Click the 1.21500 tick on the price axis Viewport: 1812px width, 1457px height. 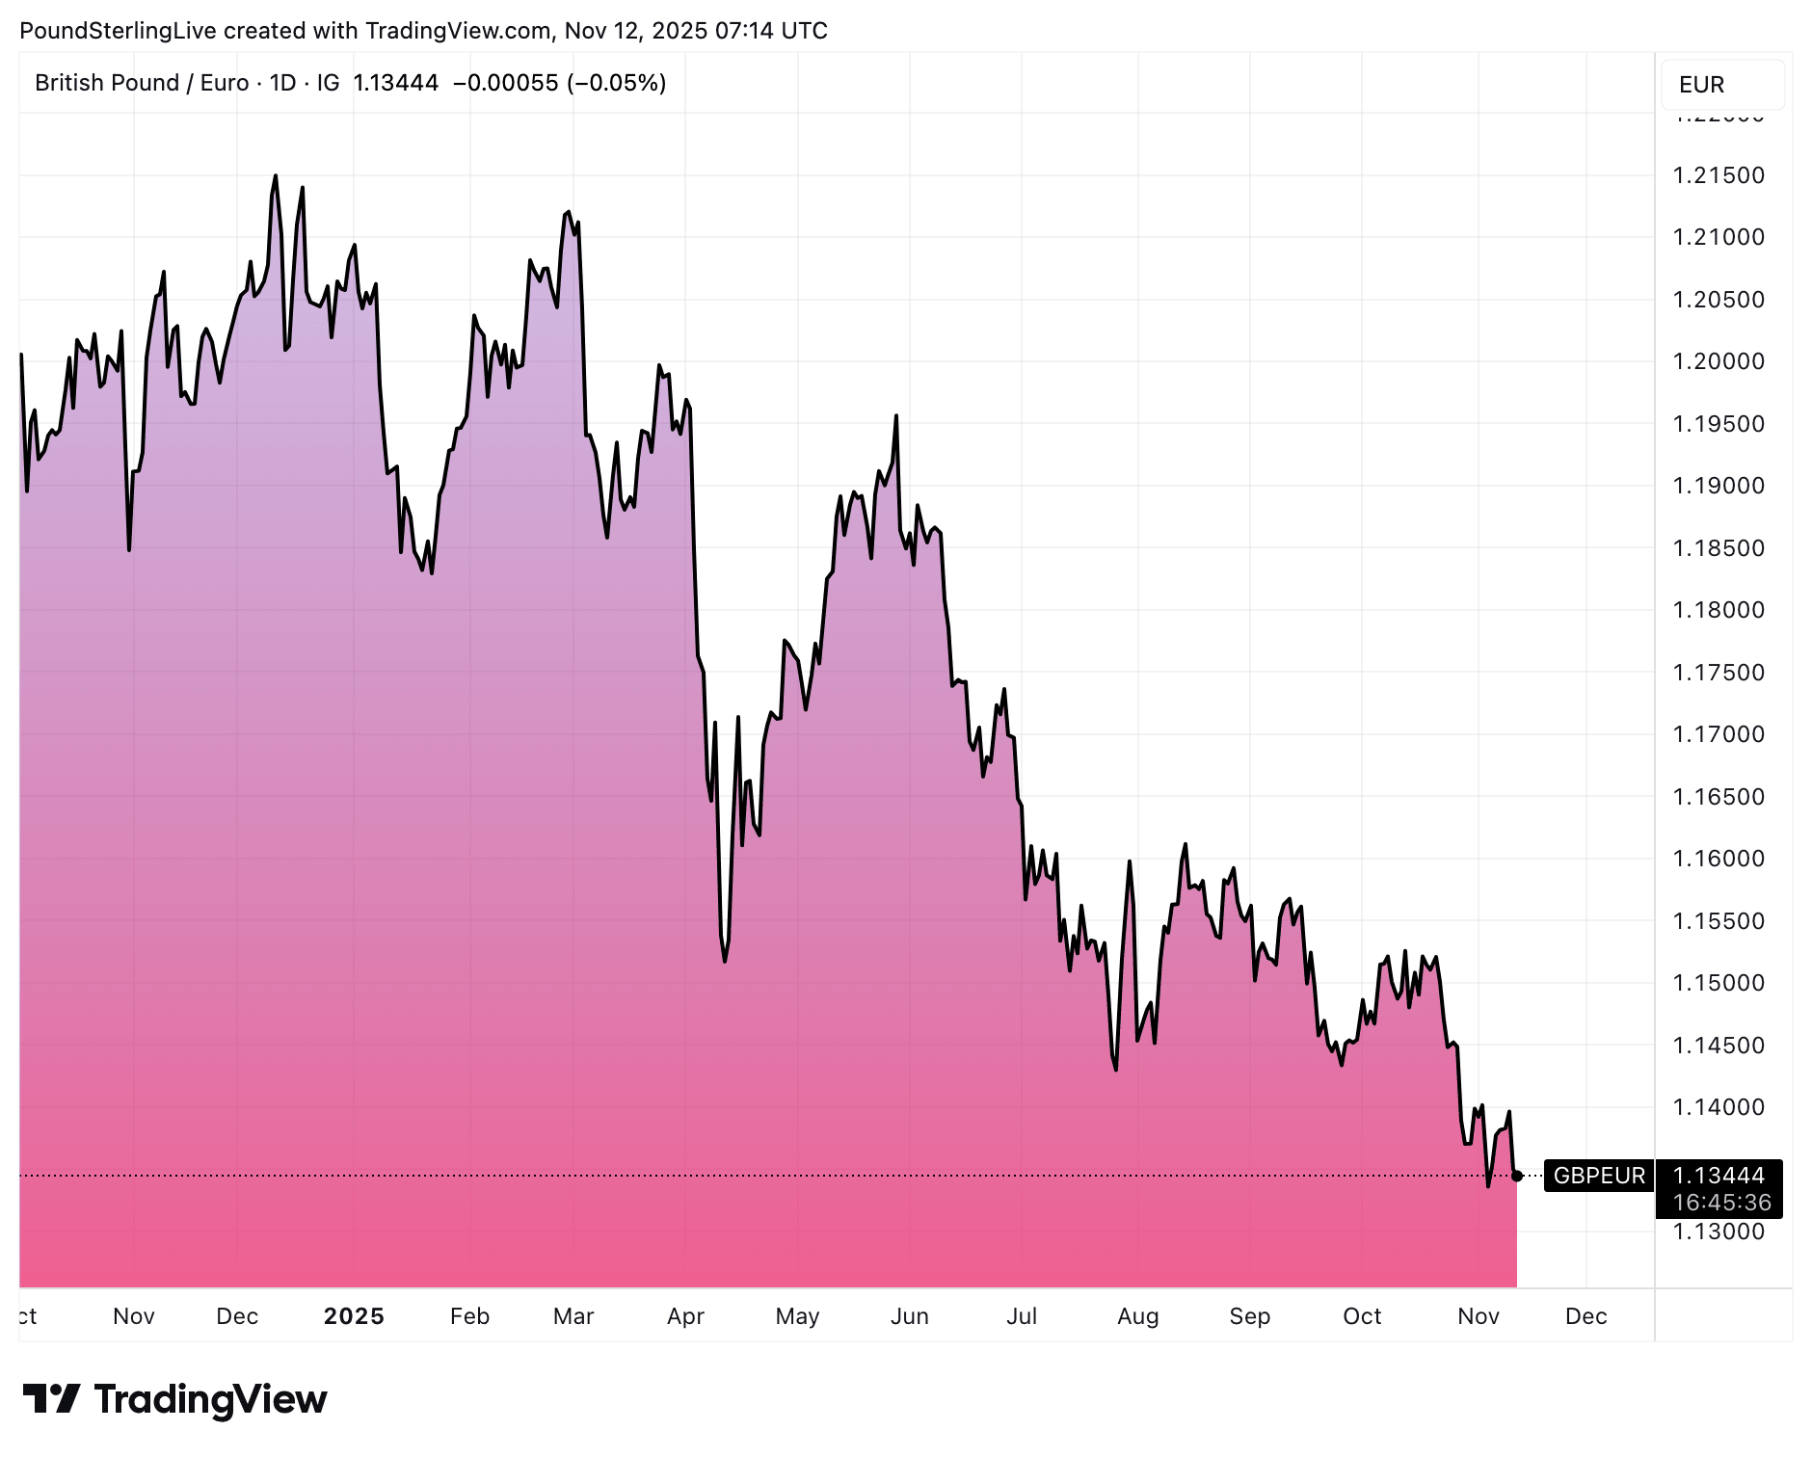(x=1719, y=175)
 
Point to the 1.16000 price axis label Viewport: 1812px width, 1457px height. (x=1719, y=859)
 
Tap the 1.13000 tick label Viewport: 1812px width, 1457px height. (x=1719, y=1232)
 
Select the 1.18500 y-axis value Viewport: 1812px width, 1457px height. (x=1719, y=548)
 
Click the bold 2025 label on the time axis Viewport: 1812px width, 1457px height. (x=354, y=1316)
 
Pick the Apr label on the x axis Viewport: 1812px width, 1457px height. (x=685, y=1316)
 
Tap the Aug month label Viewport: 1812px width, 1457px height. (x=1137, y=1316)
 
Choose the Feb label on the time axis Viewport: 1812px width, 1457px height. (x=469, y=1316)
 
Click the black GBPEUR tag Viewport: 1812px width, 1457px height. (x=1599, y=1176)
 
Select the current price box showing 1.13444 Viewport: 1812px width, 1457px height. (x=1719, y=1176)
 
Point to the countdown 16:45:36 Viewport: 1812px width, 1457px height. (x=1721, y=1203)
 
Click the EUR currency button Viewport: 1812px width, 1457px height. (x=1701, y=85)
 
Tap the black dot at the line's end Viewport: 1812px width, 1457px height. (x=1517, y=1176)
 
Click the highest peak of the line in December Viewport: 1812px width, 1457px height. (x=276, y=176)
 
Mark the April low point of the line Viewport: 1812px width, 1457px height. (x=725, y=961)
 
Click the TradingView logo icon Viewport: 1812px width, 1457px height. (x=51, y=1399)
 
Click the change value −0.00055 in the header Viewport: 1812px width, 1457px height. (x=505, y=83)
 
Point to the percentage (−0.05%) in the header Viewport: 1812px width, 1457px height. (x=617, y=83)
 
